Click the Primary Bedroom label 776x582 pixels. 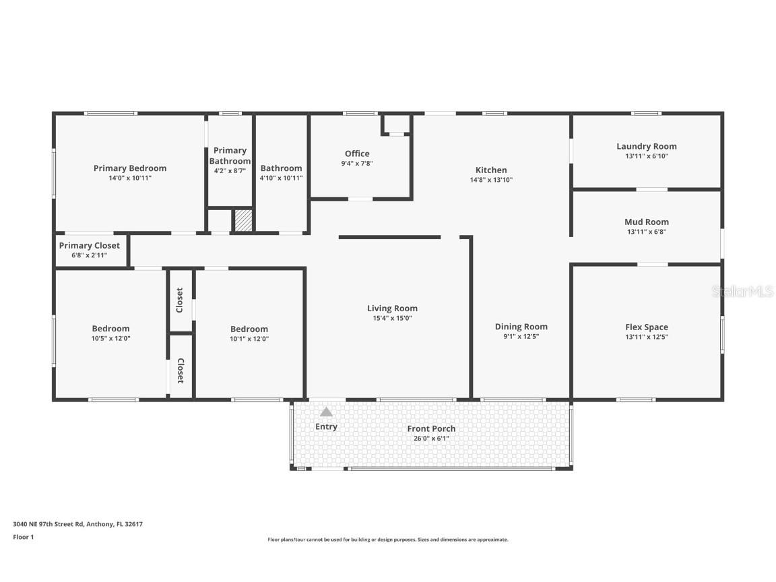[130, 168]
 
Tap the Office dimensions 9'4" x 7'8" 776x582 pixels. [357, 163]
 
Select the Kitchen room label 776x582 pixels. [491, 170]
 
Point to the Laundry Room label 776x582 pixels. [647, 146]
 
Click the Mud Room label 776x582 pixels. [647, 222]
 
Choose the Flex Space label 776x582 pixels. [647, 327]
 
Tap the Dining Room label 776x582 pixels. [521, 327]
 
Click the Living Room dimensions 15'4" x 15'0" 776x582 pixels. [393, 318]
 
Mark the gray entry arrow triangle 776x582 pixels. [326, 412]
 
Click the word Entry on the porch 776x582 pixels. [326, 426]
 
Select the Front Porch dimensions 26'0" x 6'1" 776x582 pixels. [431, 439]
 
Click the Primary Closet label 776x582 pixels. [90, 246]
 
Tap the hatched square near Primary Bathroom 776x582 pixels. [243, 221]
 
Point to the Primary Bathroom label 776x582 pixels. [230, 156]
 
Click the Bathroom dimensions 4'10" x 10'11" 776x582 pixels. [282, 178]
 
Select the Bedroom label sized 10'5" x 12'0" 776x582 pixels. [111, 329]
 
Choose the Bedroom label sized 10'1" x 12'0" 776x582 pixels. [249, 329]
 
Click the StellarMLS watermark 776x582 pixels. [742, 292]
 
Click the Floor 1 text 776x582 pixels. [23, 537]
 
